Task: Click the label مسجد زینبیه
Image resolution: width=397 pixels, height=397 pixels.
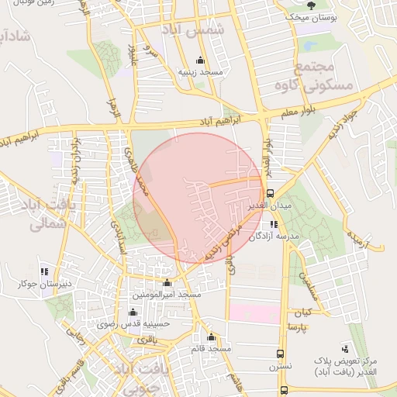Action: pos(201,72)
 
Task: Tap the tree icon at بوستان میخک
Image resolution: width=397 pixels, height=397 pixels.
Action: pos(311,5)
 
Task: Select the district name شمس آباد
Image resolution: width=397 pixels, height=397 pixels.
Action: pos(192,30)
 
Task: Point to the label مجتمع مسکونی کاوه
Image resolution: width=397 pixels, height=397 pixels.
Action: pos(324,74)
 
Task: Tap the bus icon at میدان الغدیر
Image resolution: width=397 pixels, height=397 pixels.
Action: pos(270,193)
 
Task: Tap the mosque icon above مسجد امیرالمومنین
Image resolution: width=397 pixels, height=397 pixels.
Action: pos(167,282)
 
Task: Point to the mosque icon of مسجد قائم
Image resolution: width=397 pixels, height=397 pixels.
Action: pos(211,337)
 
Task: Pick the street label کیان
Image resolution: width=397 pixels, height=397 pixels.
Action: pos(301,313)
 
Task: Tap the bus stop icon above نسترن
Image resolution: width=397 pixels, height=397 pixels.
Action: pos(281,353)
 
